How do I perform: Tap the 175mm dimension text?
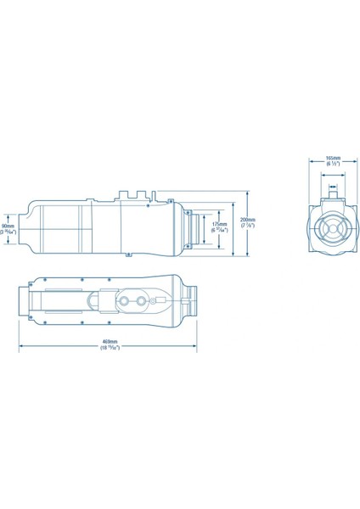pos(218,224)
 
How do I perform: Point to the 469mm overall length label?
pos(107,342)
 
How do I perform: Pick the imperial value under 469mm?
pos(107,349)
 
